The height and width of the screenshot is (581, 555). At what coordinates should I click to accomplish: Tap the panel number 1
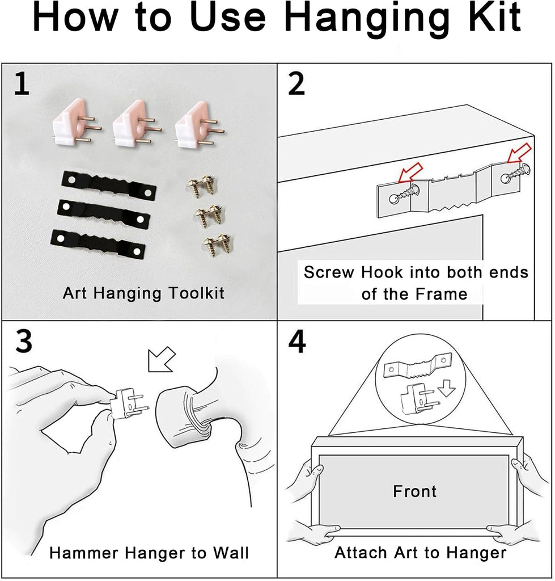click(21, 84)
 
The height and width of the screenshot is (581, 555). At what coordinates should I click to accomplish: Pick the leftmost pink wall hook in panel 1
click(76, 123)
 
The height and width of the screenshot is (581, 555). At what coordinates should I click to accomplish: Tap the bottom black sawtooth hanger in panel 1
click(98, 244)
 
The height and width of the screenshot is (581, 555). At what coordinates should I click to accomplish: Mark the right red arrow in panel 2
click(519, 153)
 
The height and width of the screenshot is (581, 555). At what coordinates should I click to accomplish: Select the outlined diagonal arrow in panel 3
click(162, 359)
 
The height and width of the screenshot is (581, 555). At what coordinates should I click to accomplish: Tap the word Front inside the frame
click(414, 491)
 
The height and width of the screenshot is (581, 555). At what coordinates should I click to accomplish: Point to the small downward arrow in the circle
click(447, 389)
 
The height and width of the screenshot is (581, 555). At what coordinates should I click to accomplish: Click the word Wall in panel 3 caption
click(230, 553)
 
